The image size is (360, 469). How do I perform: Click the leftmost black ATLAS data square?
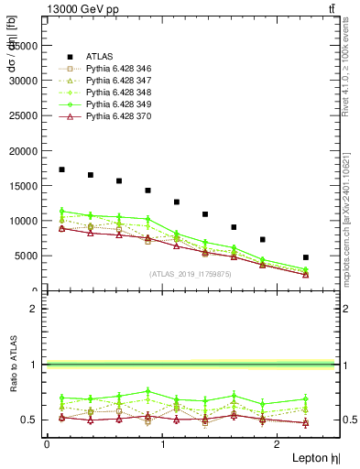click(61, 169)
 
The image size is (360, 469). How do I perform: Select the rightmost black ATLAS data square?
click(305, 257)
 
